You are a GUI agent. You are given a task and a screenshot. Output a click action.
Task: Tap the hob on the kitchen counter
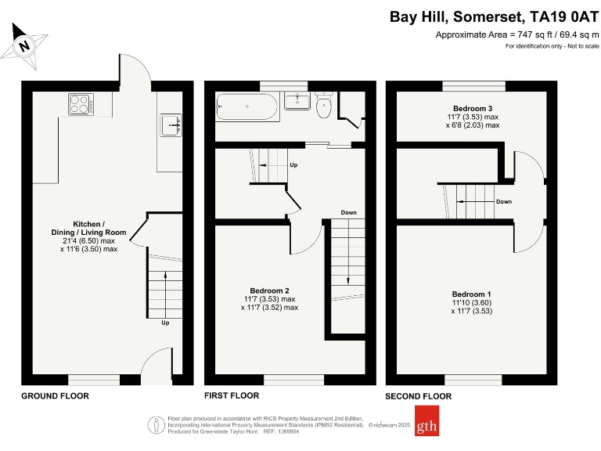pos(81,104)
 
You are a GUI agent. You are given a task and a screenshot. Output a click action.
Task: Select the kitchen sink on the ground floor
pos(171,124)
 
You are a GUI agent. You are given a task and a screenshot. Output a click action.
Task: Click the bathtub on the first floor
pos(247,106)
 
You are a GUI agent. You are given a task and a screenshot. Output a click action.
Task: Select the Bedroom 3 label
pos(473,107)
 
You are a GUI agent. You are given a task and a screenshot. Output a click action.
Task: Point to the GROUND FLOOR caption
pos(55,396)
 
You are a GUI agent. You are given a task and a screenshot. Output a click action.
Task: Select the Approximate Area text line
pos(516,35)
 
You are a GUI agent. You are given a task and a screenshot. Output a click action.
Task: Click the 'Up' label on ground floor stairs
pos(165,323)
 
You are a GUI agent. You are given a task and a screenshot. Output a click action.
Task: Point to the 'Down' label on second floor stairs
pos(505,201)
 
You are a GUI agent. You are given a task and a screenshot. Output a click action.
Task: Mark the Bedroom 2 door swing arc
pos(310,239)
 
